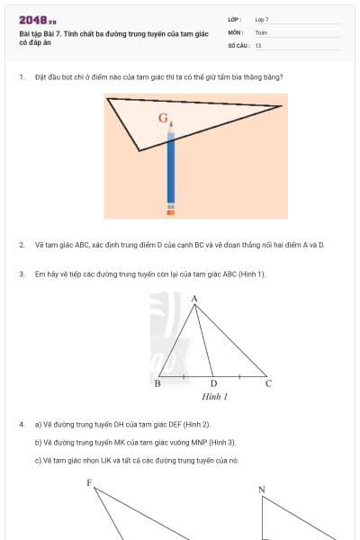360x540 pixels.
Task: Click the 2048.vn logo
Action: click(x=38, y=19)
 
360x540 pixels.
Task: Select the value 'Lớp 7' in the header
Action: click(x=262, y=19)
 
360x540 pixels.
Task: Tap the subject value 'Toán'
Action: click(x=261, y=31)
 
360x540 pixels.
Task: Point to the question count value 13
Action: click(x=258, y=45)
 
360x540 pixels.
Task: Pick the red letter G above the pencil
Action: click(x=163, y=118)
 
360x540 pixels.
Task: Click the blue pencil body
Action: click(x=171, y=171)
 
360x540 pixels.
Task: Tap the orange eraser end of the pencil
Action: click(x=171, y=212)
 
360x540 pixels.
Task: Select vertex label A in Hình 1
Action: click(x=194, y=298)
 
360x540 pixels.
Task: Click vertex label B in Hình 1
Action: click(x=157, y=384)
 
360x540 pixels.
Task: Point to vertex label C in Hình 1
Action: click(x=268, y=384)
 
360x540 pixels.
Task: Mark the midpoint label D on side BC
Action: click(x=213, y=384)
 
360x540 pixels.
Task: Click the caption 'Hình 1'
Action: click(x=214, y=396)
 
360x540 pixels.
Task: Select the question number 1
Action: click(x=21, y=76)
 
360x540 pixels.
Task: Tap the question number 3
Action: click(x=21, y=274)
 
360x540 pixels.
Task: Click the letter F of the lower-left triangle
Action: click(x=89, y=483)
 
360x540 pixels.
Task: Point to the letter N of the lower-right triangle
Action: click(x=262, y=490)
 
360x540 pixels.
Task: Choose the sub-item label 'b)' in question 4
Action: click(x=38, y=442)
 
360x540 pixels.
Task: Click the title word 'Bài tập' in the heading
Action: click(x=31, y=33)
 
